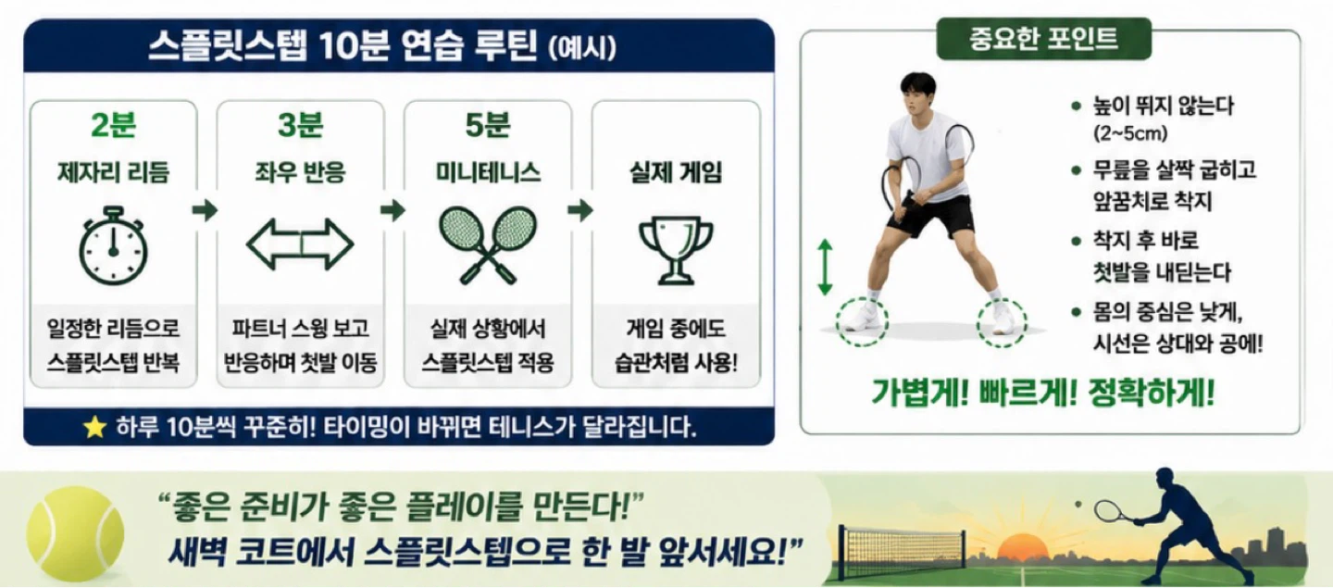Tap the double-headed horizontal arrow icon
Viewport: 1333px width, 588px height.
pos(300,244)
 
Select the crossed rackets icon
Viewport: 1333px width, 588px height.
pos(487,244)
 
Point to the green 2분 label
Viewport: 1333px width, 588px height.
pos(113,125)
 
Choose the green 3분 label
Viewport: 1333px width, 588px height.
pos(301,125)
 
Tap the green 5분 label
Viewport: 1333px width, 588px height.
pos(488,125)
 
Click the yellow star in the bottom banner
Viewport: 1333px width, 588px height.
pos(94,427)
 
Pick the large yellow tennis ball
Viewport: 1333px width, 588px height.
pos(76,534)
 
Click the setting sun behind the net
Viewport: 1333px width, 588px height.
pos(1022,548)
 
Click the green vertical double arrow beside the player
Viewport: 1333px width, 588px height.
pos(825,268)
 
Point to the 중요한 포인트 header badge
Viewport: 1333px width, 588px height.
pos(1044,39)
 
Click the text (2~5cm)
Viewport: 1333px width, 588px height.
pos(1130,133)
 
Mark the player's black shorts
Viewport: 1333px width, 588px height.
pos(931,215)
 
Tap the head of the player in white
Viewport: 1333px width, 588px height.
pos(918,95)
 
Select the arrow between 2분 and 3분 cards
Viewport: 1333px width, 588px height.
pos(206,209)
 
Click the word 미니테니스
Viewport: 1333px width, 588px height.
pos(488,172)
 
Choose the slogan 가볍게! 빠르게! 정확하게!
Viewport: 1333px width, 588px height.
pos(1042,393)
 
